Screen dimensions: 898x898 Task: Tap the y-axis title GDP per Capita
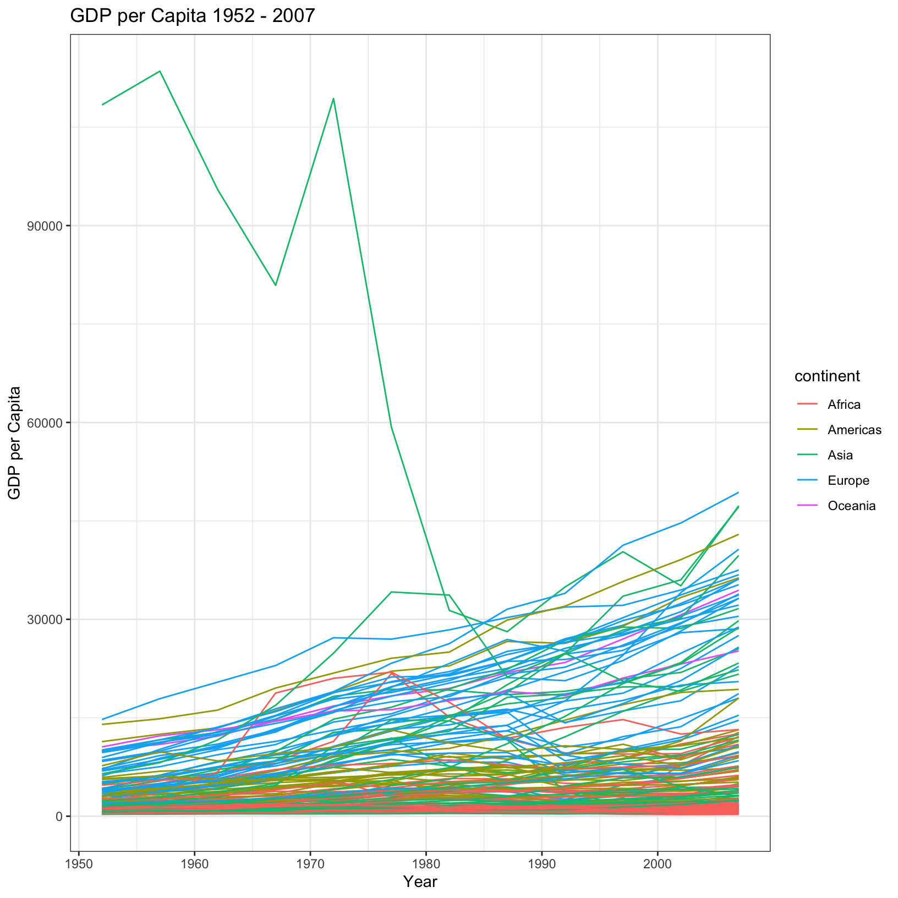coord(15,442)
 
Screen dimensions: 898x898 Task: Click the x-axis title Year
coord(420,882)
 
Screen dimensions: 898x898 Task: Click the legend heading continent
coord(827,376)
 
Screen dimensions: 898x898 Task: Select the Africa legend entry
coord(844,405)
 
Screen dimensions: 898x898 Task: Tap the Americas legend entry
coord(854,430)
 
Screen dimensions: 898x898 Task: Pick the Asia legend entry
coord(840,456)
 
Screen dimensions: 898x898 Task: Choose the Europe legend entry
coord(848,481)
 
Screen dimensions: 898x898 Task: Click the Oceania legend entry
coord(851,506)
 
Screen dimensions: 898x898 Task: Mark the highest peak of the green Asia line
coord(160,71)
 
